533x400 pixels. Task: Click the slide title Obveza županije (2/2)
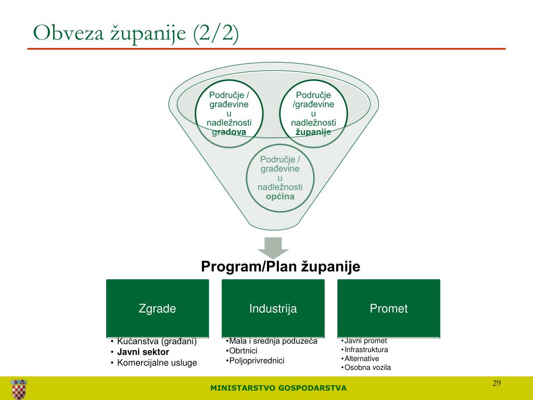pos(136,33)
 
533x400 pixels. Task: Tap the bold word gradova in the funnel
pos(229,132)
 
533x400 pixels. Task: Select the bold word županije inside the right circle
pos(313,132)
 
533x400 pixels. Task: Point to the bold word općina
pos(280,196)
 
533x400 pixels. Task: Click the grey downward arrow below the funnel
pos(273,247)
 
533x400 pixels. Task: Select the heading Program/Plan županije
pos(281,266)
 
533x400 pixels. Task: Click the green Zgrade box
pos(157,308)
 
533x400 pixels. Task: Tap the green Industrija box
pos(273,308)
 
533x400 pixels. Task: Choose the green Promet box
pos(388,308)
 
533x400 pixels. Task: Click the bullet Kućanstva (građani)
pos(157,341)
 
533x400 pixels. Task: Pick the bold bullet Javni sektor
pos(143,352)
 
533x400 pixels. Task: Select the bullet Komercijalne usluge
pos(157,362)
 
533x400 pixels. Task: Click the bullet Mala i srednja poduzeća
pos(273,341)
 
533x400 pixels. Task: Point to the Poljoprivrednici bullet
pos(257,360)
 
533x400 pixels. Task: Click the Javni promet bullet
pos(366,341)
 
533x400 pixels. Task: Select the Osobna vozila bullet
pos(367,367)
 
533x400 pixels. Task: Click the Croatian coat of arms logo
pos(19,389)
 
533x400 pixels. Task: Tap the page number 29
pos(497,383)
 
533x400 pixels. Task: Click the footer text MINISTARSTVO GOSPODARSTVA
pos(278,388)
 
